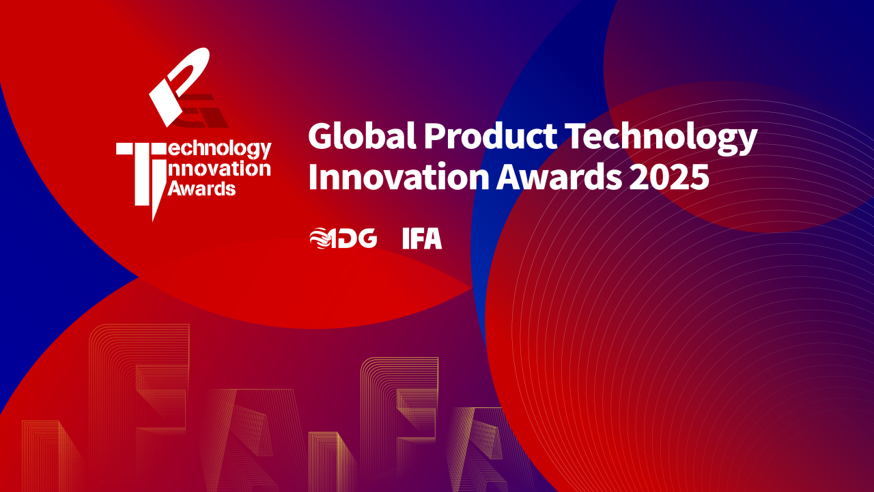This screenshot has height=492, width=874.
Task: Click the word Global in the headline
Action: click(362, 135)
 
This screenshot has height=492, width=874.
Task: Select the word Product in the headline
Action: click(491, 135)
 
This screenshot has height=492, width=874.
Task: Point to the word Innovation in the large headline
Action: click(399, 176)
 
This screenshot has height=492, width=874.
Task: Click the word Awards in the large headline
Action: click(559, 176)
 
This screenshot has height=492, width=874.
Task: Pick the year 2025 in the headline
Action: click(669, 177)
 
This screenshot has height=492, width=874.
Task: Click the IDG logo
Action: click(343, 238)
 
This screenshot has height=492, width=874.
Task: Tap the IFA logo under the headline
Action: click(422, 238)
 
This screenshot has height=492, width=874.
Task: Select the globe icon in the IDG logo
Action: click(320, 238)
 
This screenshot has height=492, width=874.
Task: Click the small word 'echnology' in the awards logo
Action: click(219, 149)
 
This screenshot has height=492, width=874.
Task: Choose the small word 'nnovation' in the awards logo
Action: click(219, 169)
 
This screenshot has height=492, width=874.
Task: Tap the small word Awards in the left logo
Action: click(201, 188)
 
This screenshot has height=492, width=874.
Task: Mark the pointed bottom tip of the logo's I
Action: click(154, 221)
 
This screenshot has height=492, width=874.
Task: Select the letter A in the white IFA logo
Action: click(433, 238)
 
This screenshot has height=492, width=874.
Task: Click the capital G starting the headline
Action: click(321, 135)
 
